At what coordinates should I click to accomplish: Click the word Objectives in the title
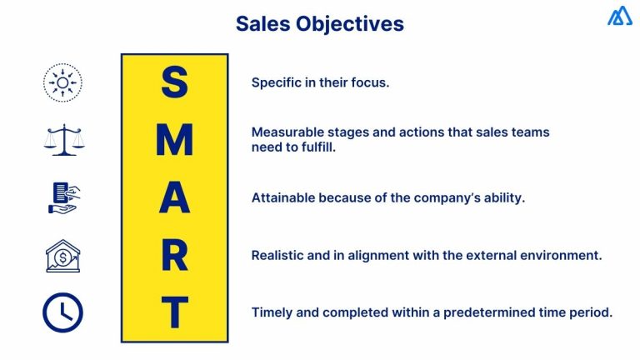(350, 24)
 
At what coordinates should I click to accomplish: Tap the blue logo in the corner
(620, 16)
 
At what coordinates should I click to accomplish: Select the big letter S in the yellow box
(175, 82)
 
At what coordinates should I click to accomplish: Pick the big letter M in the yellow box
(175, 140)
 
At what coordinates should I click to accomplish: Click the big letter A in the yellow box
(175, 197)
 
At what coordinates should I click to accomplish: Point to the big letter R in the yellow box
(175, 256)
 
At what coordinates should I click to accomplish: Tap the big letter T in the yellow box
(175, 312)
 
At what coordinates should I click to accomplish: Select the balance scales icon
(64, 140)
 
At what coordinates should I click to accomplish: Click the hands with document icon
(64, 198)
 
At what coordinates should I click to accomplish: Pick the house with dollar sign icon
(62, 256)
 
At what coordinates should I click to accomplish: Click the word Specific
(277, 82)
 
